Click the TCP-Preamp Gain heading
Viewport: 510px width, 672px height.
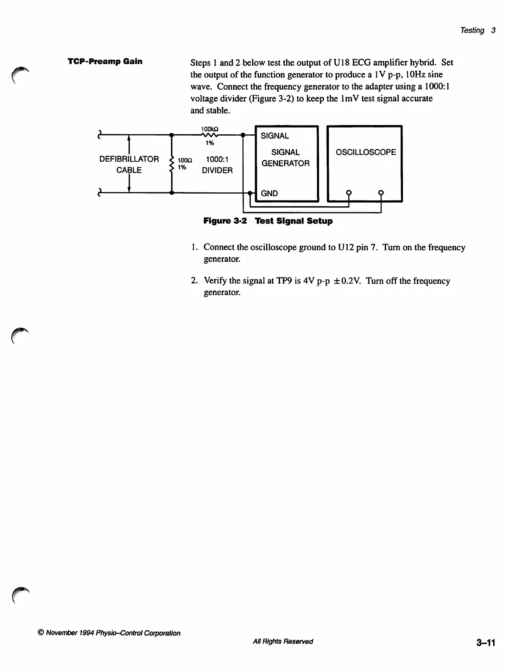pyautogui.click(x=105, y=61)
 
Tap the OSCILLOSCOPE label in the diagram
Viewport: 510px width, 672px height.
pyautogui.click(x=365, y=152)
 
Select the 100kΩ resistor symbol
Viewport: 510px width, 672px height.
pyautogui.click(x=209, y=136)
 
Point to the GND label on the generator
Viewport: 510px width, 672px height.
pyautogui.click(x=269, y=194)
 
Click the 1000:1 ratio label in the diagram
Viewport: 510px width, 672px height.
pyautogui.click(x=217, y=160)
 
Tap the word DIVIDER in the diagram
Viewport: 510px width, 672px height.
pyautogui.click(x=217, y=171)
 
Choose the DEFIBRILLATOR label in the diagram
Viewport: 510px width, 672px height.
pyautogui.click(x=129, y=159)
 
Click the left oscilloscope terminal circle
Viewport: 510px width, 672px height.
pyautogui.click(x=349, y=193)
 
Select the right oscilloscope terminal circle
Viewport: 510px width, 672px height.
pyautogui.click(x=381, y=193)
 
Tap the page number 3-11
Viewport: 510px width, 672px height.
pyautogui.click(x=486, y=643)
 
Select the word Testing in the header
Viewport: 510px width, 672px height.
pyautogui.click(x=472, y=30)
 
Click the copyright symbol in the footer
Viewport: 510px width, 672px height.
pyautogui.click(x=41, y=633)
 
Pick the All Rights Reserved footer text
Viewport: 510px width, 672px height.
pyautogui.click(x=282, y=641)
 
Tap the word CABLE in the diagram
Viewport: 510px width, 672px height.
pyautogui.click(x=129, y=171)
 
